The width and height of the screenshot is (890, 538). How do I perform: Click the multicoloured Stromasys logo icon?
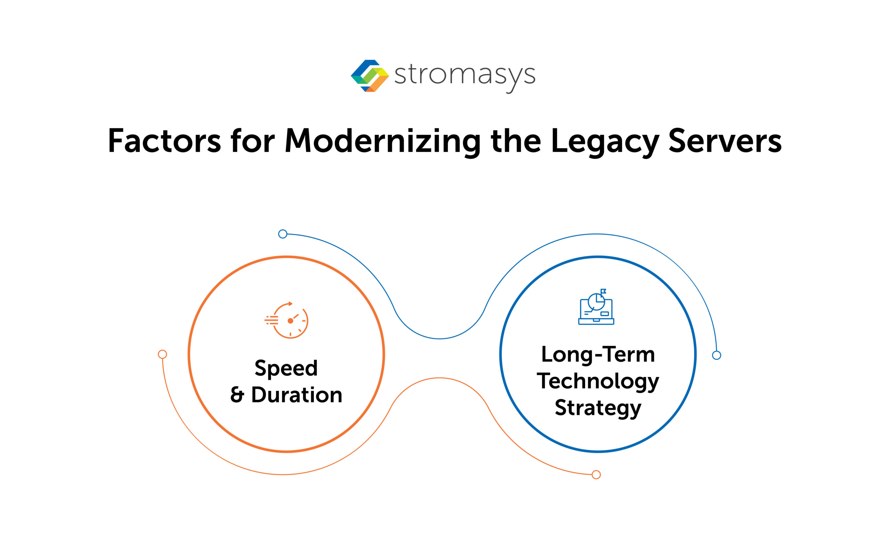pyautogui.click(x=370, y=76)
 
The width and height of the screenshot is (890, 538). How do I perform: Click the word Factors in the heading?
pyautogui.click(x=164, y=141)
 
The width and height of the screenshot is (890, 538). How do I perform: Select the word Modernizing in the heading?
pyautogui.click(x=383, y=142)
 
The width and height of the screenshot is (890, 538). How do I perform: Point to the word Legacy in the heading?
pyautogui.click(x=605, y=142)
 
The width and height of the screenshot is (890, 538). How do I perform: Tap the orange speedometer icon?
pyautogui.click(x=287, y=320)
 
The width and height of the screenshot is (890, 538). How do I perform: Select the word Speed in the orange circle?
pyautogui.click(x=286, y=369)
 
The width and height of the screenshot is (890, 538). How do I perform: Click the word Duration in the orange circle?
pyautogui.click(x=297, y=395)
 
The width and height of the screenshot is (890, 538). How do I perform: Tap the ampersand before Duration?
pyautogui.click(x=237, y=395)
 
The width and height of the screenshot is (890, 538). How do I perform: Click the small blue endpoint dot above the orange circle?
pyautogui.click(x=283, y=234)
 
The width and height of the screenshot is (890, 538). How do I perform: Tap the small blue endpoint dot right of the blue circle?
pyautogui.click(x=717, y=355)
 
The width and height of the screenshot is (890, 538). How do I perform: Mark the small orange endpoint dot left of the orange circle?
pyautogui.click(x=163, y=354)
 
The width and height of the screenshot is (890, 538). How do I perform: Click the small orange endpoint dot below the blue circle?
pyautogui.click(x=596, y=475)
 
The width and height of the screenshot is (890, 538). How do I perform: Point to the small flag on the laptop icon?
pyautogui.click(x=603, y=291)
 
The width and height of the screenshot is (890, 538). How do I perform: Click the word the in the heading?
pyautogui.click(x=516, y=141)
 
